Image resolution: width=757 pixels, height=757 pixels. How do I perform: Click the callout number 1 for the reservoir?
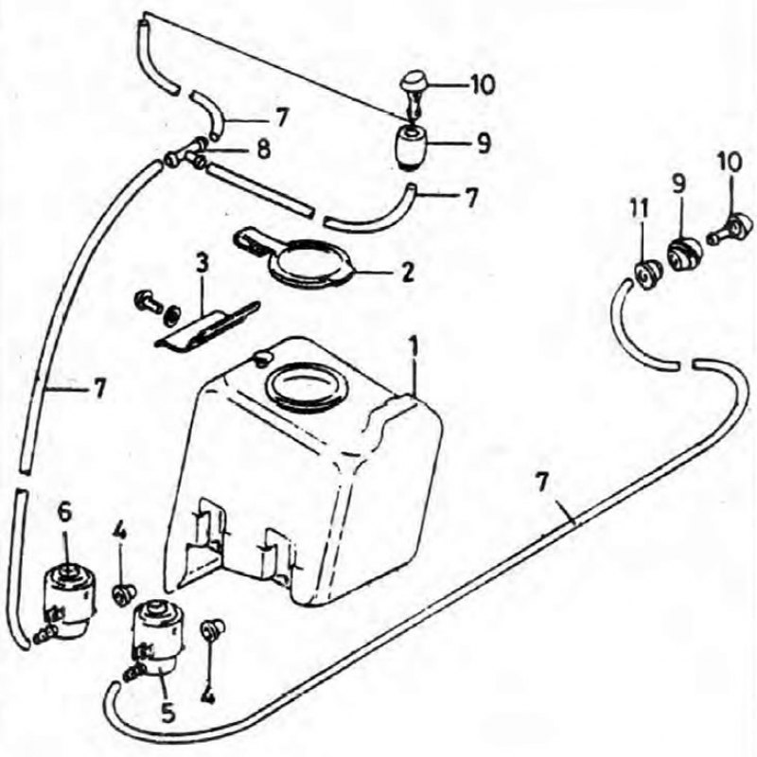[413, 348]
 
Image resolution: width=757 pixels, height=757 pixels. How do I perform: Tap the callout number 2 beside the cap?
[408, 273]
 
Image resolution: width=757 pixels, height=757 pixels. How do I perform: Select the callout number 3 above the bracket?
[202, 265]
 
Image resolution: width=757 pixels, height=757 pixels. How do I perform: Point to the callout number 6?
[65, 513]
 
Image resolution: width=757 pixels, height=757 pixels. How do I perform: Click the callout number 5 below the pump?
[168, 713]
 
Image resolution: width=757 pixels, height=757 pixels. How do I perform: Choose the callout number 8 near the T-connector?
[264, 150]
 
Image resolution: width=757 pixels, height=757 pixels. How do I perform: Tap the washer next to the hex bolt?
[170, 315]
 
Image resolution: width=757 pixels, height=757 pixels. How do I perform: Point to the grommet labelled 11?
[647, 275]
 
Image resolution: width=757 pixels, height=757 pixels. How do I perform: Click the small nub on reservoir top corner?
[263, 359]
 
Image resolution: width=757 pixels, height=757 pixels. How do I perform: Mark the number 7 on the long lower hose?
[542, 483]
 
